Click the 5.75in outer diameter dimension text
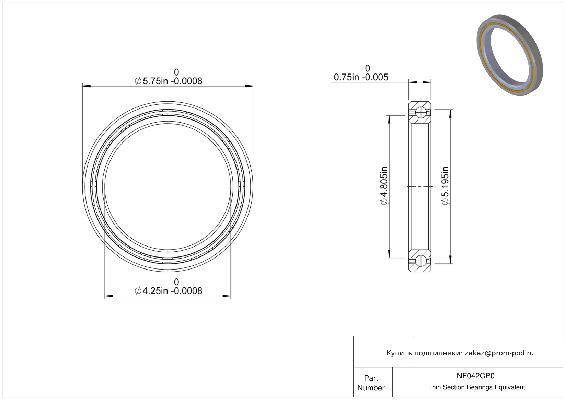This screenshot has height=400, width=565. coord(169,81)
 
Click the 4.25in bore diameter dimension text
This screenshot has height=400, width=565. coord(169,291)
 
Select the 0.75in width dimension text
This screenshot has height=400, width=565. coord(361,77)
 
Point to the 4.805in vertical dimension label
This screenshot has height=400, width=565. coord(384,186)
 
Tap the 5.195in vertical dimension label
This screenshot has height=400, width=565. coord(446,186)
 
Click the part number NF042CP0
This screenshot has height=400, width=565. coord(475,376)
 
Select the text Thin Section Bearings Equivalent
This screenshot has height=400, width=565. coord(476,387)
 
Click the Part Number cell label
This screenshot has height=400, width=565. coord(371,383)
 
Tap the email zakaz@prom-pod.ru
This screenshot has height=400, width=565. coord(499,353)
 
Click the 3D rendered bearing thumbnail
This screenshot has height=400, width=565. coord(510,55)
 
